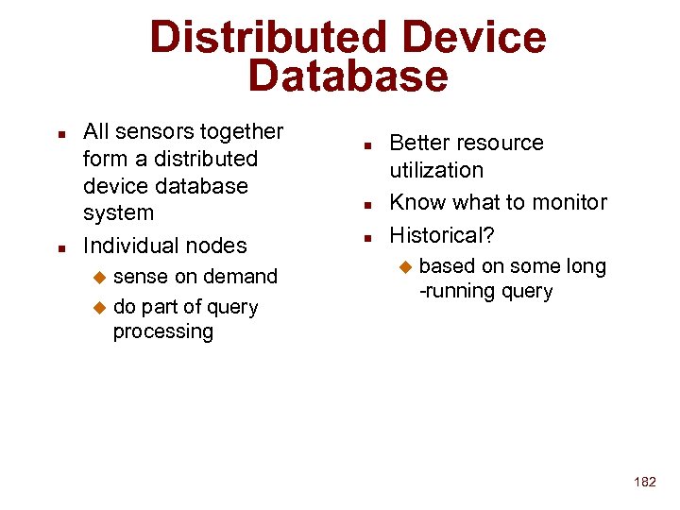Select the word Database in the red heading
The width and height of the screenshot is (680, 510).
click(348, 76)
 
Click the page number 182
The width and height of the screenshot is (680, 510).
click(645, 482)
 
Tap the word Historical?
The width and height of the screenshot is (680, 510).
click(442, 234)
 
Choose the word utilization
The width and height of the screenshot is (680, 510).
click(436, 170)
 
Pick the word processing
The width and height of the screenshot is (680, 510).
click(163, 331)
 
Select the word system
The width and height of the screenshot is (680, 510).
click(118, 212)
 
